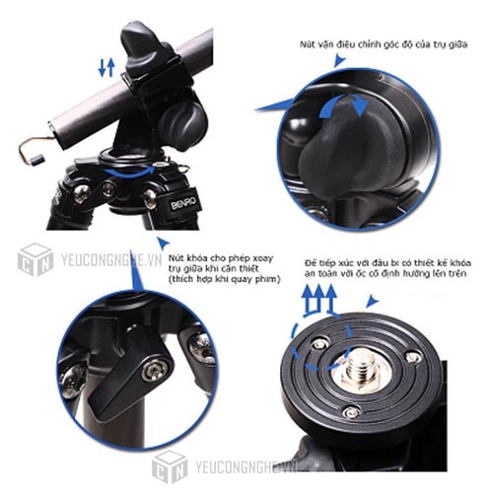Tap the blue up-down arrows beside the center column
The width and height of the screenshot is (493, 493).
click(107, 66)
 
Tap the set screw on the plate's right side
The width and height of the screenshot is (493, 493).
click(412, 357)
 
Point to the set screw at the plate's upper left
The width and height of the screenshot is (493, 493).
click(320, 342)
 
